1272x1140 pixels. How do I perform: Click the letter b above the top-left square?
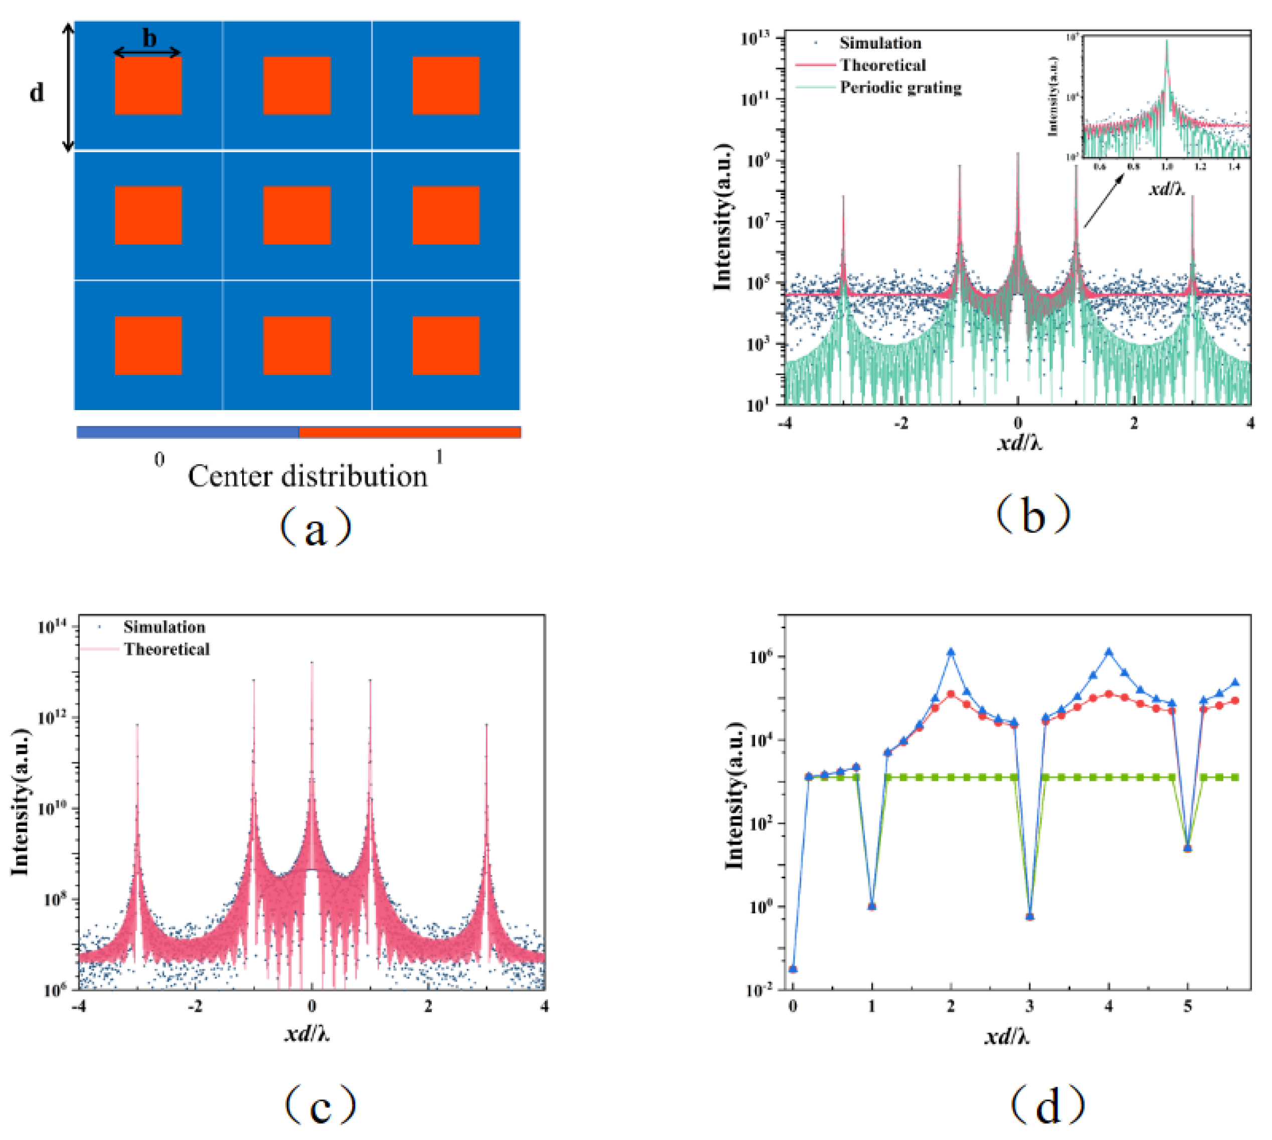[149, 39]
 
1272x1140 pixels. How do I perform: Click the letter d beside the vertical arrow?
[37, 93]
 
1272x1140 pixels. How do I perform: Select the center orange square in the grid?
[297, 215]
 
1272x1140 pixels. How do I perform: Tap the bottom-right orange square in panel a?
[446, 345]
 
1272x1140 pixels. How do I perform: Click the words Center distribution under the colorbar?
[307, 477]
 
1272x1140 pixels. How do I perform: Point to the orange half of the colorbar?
[410, 432]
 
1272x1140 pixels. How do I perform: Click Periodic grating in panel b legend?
[900, 87]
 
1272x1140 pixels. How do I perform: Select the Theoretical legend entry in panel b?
[882, 65]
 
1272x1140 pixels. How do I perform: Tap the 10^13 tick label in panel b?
[757, 39]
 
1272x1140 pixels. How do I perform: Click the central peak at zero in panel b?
[1018, 156]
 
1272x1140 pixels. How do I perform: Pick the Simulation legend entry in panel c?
[164, 627]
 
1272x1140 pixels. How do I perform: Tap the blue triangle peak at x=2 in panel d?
[951, 652]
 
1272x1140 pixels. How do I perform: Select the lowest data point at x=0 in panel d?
[793, 969]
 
